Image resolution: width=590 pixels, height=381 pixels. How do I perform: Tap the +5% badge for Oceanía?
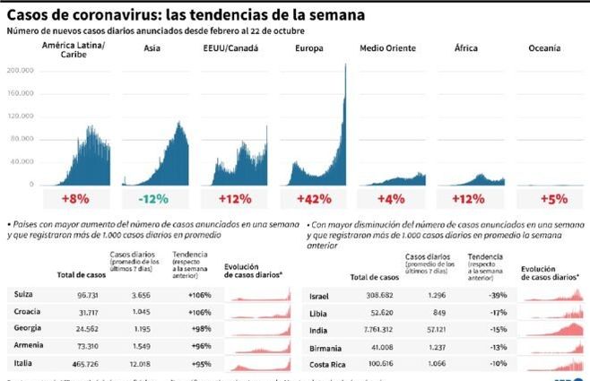pos(554,198)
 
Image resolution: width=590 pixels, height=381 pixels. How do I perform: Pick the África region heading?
pos(465,47)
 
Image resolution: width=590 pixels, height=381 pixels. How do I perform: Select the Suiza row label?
pos(25,294)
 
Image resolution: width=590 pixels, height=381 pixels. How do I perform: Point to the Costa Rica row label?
pos(327,365)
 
